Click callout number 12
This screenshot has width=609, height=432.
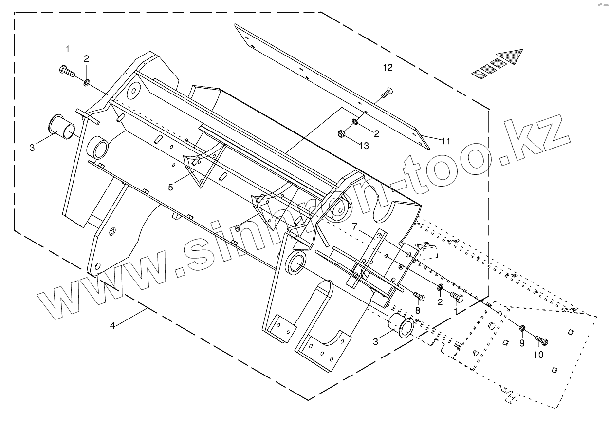pos(388,68)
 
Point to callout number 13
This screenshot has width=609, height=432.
pos(364,146)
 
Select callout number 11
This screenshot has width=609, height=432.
pos(445,141)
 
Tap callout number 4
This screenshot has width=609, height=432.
pos(112,326)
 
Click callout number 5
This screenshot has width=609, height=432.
pos(171,187)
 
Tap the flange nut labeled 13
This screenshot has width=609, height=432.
pos(341,133)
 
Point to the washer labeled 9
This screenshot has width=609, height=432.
pos(522,329)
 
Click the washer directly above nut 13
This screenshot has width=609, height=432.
pos(355,120)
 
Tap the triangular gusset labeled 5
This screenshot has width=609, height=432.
pos(200,168)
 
